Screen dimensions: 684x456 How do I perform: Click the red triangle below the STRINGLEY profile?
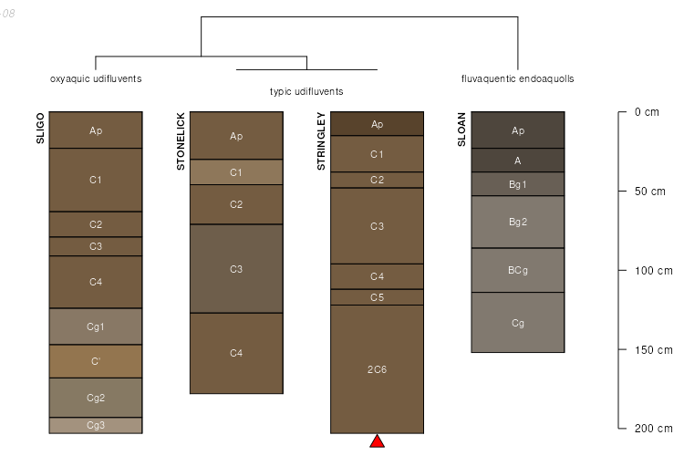point(377,441)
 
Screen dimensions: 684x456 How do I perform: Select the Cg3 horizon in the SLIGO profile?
point(96,426)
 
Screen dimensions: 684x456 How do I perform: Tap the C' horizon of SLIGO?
point(96,361)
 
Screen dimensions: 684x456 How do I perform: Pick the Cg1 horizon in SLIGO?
point(96,326)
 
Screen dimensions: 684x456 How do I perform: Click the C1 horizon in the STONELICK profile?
point(236,172)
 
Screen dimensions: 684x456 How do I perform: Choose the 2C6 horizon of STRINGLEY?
point(377,369)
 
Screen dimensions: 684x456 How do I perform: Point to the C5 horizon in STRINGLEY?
point(377,297)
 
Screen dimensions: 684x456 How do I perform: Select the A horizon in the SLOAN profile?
point(518,161)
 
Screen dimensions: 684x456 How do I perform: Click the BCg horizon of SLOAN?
point(518,270)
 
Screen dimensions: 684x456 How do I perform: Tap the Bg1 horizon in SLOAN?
point(518,184)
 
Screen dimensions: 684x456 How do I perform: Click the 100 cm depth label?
point(654,271)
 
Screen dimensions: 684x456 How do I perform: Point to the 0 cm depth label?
point(647,112)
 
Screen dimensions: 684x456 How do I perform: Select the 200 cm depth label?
point(654,429)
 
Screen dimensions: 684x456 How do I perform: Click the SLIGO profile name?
point(40,129)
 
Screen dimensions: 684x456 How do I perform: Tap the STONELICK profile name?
point(181,141)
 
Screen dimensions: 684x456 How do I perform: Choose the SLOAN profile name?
point(461,130)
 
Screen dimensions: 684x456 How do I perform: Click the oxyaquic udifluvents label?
point(96,79)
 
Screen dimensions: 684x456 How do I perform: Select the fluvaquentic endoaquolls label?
point(518,79)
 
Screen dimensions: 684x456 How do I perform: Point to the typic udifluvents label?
point(306,91)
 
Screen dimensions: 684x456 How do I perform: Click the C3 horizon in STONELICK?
point(236,269)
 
